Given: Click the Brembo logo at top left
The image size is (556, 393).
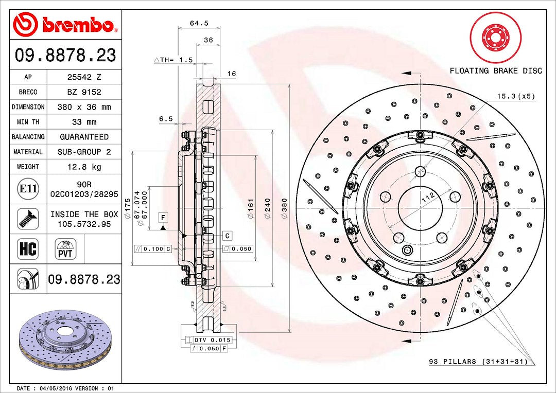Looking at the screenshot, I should (65, 24).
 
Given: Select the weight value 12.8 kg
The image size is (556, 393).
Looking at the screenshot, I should (84, 167).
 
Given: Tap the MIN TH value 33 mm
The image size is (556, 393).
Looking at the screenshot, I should (84, 122).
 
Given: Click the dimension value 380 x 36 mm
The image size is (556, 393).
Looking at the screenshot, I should (84, 107).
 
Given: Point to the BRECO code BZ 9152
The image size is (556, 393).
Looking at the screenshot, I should (84, 92).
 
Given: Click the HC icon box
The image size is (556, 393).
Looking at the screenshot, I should (28, 249).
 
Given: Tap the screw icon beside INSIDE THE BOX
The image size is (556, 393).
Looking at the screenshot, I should (28, 219).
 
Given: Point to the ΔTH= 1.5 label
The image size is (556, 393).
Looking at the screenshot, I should (173, 60).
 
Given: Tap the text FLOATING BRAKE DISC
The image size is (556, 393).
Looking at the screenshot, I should (496, 70).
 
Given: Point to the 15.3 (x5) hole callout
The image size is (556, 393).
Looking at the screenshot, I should (515, 96).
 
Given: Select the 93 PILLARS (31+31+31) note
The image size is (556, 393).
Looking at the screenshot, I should (478, 362).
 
